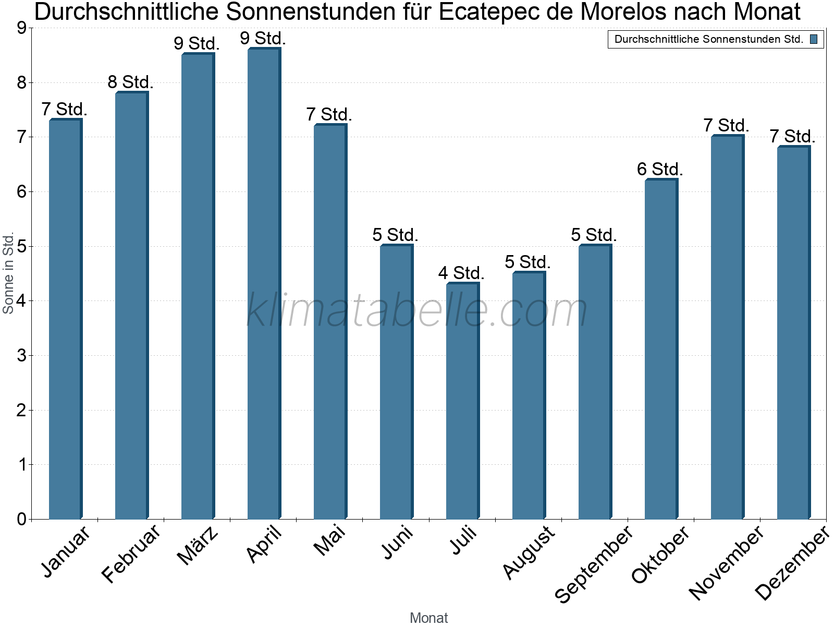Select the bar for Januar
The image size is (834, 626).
pyautogui.click(x=65, y=319)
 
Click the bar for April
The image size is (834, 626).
pyautogui.click(x=264, y=284)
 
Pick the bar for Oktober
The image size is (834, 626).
pyautogui.click(x=661, y=350)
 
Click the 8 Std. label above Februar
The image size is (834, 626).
pyautogui.click(x=130, y=82)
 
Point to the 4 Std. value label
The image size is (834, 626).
pyautogui.click(x=461, y=273)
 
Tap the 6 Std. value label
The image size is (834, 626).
pyautogui.click(x=660, y=169)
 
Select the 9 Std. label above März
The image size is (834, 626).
pyautogui.click(x=197, y=43)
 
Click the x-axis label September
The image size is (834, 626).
pyautogui.click(x=594, y=564)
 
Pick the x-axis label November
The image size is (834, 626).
pyautogui.click(x=727, y=563)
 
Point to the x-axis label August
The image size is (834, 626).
pyautogui.click(x=529, y=552)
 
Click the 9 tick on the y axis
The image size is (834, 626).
pyautogui.click(x=21, y=28)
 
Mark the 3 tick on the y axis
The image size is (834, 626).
pyautogui.click(x=21, y=356)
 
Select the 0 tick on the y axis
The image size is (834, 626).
pyautogui.click(x=21, y=519)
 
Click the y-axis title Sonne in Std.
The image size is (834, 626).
pyautogui.click(x=8, y=273)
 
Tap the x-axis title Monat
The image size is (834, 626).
pyautogui.click(x=428, y=618)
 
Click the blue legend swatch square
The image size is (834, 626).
pyautogui.click(x=814, y=39)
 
